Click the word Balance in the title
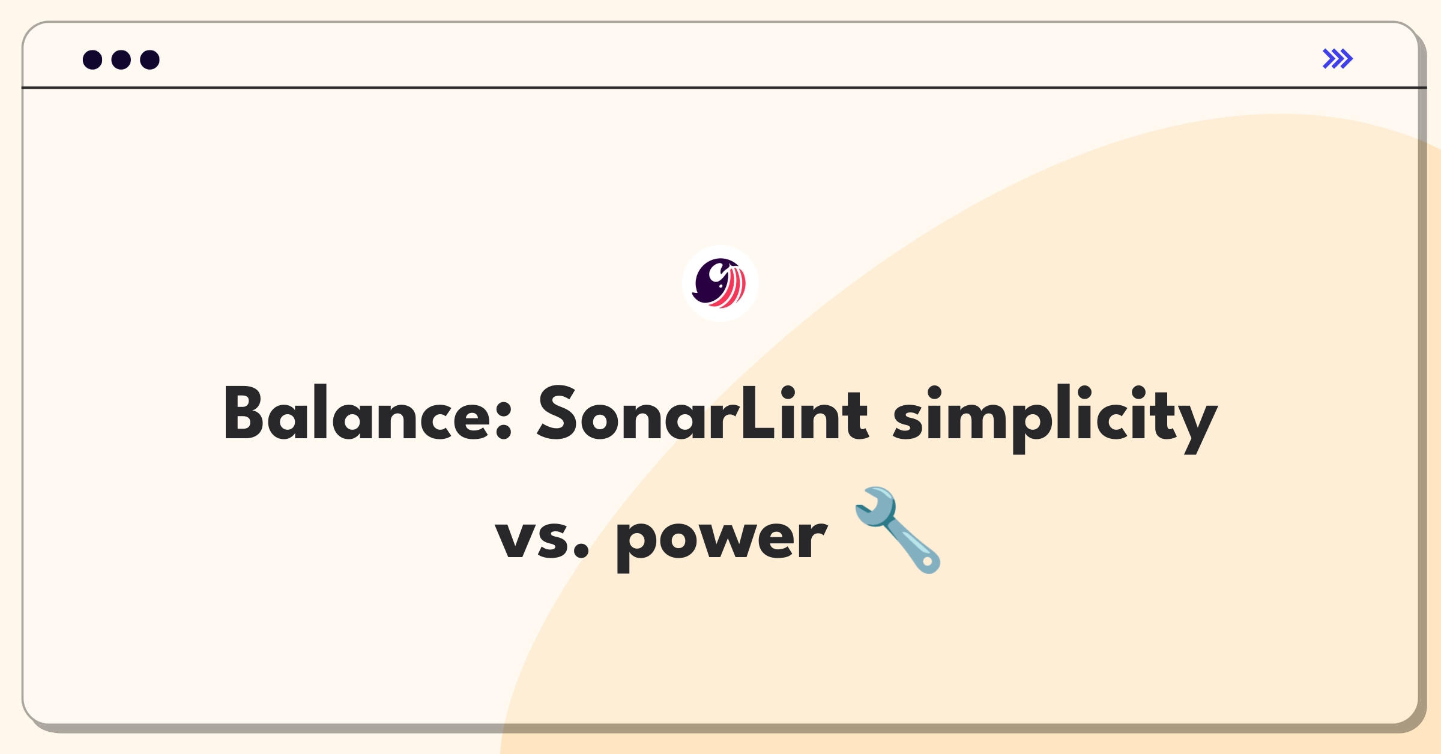coord(367,412)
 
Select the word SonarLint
coord(702,412)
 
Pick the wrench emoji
coord(898,530)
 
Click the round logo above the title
coord(720,283)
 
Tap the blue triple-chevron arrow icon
coord(1338,59)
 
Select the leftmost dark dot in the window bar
coord(92,59)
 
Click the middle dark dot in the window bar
coord(121,59)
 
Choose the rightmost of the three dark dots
coord(150,59)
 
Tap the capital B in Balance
coord(243,412)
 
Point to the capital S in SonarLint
coord(558,412)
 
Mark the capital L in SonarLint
coord(759,412)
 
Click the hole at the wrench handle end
coord(928,562)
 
